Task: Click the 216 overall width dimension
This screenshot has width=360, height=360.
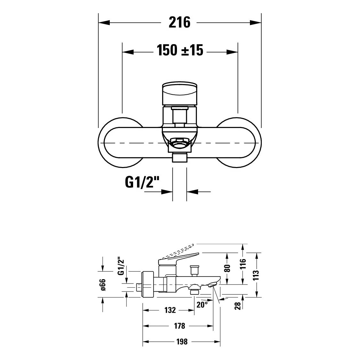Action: click(180, 22)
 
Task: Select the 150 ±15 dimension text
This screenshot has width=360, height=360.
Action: click(180, 50)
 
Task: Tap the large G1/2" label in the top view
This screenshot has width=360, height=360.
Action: click(142, 182)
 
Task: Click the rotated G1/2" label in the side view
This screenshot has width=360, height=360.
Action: click(121, 266)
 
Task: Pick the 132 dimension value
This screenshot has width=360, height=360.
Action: click(170, 310)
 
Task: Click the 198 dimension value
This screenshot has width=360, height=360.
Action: click(182, 342)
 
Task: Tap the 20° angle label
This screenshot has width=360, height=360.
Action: click(202, 305)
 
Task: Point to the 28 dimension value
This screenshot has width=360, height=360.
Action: click(238, 306)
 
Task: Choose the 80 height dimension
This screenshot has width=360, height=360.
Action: click(227, 268)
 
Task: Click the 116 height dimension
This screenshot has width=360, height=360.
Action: click(243, 264)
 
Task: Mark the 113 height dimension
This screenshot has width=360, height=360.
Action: click(256, 275)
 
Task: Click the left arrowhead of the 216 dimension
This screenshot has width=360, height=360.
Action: click(104, 22)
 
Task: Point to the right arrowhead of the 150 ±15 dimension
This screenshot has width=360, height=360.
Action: click(232, 52)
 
